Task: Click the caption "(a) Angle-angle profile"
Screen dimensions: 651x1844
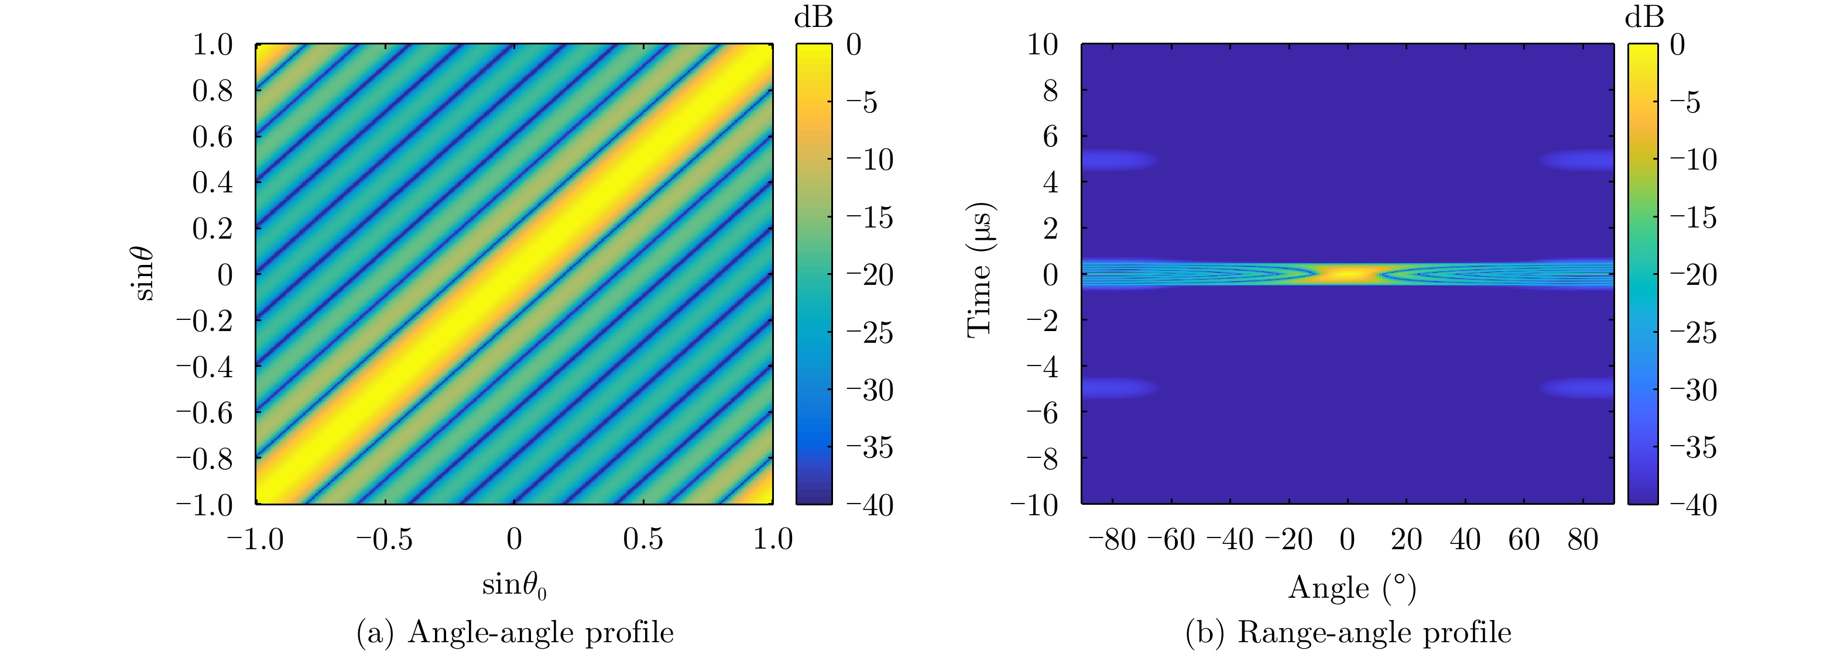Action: (515, 632)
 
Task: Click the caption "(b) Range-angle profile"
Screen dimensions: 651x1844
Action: (1348, 632)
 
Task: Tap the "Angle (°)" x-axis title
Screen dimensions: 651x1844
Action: (1352, 588)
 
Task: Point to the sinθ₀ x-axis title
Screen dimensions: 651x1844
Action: (514, 586)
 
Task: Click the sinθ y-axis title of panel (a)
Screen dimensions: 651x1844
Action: (144, 273)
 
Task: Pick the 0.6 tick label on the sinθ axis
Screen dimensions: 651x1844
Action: (212, 136)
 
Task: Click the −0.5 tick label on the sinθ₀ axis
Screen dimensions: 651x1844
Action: (385, 539)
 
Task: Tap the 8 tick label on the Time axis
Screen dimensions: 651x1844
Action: (1050, 90)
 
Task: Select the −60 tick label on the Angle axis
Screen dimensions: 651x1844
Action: (1171, 539)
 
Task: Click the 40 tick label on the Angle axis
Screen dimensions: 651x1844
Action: (1465, 539)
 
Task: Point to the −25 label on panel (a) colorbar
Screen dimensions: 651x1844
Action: (870, 332)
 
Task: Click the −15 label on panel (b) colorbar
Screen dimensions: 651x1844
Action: (1693, 217)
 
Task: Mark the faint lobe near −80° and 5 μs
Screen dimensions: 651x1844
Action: (1117, 159)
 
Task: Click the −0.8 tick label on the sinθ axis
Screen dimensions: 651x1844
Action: (205, 458)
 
